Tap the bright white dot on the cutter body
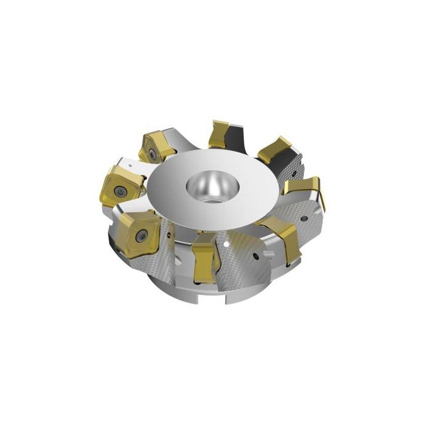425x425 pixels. coord(227,244)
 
